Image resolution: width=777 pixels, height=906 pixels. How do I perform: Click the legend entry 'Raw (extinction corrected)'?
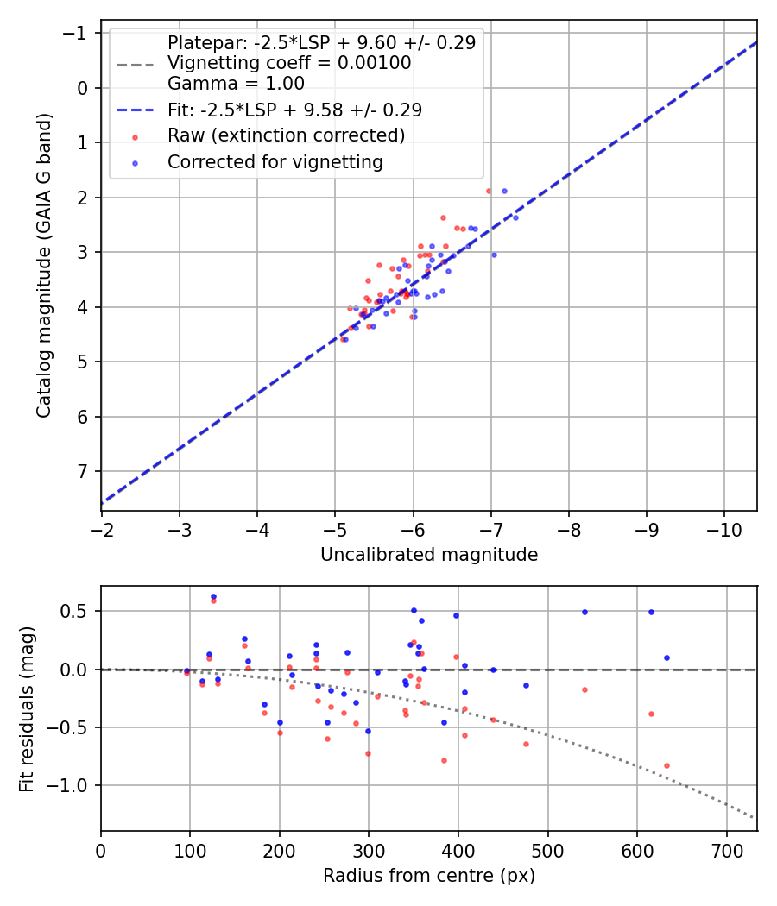tap(286, 135)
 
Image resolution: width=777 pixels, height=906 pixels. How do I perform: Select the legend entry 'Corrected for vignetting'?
tap(275, 162)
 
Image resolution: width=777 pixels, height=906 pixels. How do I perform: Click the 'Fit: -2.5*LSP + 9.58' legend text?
tap(294, 110)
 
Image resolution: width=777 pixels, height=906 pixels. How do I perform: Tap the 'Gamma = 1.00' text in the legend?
tap(236, 84)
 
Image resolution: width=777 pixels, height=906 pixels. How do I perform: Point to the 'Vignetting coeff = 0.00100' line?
tap(289, 63)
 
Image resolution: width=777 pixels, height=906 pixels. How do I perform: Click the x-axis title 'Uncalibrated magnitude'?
tap(429, 555)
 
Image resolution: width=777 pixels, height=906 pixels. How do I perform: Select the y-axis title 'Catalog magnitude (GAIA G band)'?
tap(44, 266)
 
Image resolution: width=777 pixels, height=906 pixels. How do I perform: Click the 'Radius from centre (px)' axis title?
tap(429, 876)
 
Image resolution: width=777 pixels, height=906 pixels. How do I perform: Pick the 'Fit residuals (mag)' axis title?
tap(28, 708)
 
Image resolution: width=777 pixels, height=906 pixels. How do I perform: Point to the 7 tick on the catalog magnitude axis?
tap(83, 472)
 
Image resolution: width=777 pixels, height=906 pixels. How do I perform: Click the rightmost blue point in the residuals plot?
tap(666, 657)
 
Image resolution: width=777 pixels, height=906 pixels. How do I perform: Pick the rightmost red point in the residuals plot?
tap(666, 765)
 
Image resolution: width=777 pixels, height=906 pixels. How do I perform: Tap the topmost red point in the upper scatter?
tap(489, 191)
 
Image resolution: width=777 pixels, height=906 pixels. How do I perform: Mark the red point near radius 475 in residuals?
tap(526, 744)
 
